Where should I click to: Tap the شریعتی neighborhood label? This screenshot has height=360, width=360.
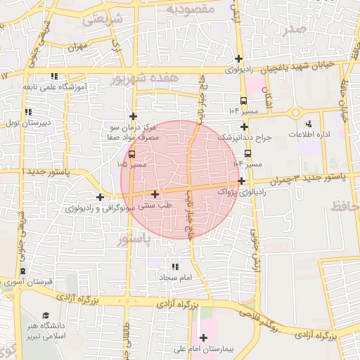click(103, 20)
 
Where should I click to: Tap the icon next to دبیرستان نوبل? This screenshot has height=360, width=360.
click(28, 112)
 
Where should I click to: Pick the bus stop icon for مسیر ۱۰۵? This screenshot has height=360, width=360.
click(131, 153)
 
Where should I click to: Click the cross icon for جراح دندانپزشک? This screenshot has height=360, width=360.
click(244, 127)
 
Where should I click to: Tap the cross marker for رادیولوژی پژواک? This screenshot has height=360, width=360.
click(241, 181)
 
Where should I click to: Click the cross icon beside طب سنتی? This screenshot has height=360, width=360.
click(155, 194)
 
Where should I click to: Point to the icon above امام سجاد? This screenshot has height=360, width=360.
click(174, 267)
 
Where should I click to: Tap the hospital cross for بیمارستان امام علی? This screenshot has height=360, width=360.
click(203, 337)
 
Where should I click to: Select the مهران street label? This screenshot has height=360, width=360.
click(76, 46)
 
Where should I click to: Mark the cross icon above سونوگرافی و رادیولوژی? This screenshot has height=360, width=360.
click(101, 198)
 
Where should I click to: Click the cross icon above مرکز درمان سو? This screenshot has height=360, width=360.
click(133, 116)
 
